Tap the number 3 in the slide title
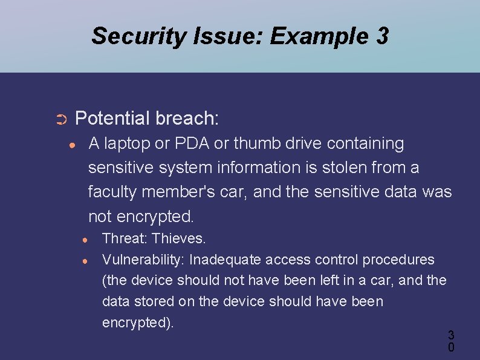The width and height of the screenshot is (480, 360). click(x=381, y=37)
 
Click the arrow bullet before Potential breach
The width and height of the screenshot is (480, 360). click(x=60, y=120)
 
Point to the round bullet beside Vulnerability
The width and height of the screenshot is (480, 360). click(x=86, y=261)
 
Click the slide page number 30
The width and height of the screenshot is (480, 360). click(x=451, y=341)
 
